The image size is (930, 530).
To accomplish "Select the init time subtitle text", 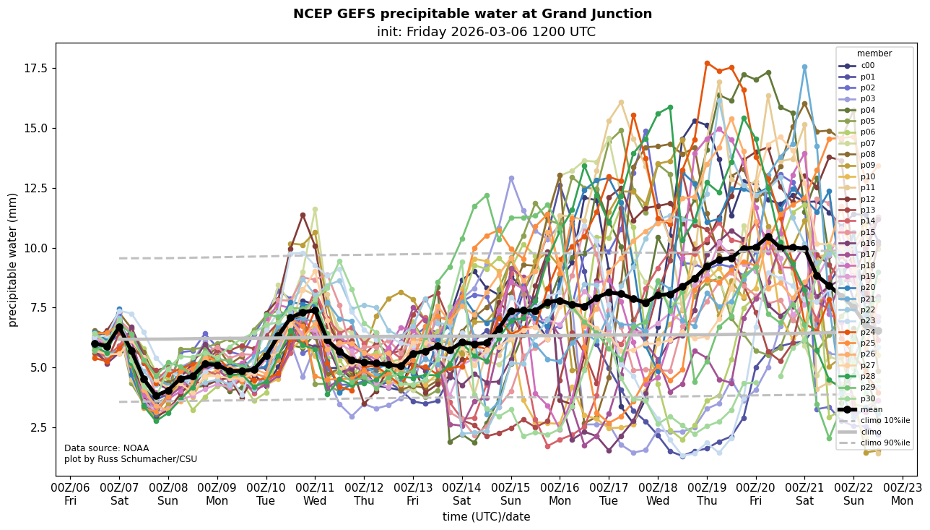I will click(x=486, y=32).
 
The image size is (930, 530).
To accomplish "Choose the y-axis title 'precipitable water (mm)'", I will click(x=13, y=260).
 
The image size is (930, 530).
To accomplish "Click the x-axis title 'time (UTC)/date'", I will click(x=486, y=517).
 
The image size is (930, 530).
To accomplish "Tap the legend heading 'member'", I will click(x=874, y=54).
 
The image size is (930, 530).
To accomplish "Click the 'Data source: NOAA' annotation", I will click(x=101, y=448).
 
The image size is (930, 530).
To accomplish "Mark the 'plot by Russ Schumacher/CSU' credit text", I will click(x=131, y=459).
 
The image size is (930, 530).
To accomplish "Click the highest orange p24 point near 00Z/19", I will click(x=707, y=64).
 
